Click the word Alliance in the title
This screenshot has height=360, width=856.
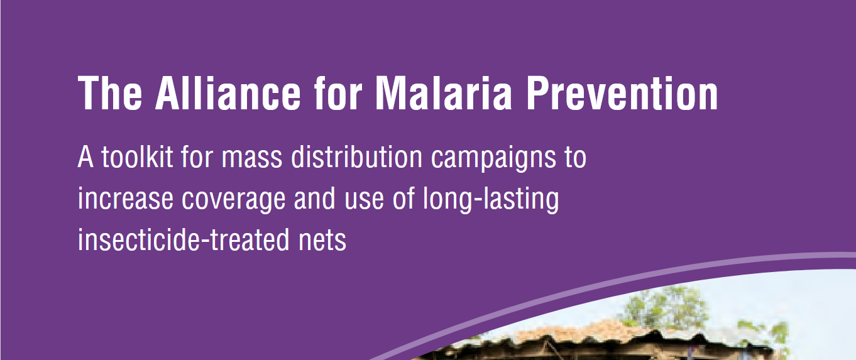pos(228,93)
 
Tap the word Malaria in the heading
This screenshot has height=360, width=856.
pos(443,93)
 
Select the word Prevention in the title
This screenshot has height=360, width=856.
pos(622,93)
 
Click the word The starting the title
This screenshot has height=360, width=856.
pos(110,93)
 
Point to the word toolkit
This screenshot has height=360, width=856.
pos(137,156)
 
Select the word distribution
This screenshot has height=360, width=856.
pos(356,156)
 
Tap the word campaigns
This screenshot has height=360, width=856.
pos(493,159)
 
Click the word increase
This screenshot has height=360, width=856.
pos(125,199)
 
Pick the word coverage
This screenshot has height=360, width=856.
pos(234,201)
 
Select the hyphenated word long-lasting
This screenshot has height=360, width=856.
pos(491,200)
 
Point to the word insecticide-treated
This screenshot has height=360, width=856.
pos(184,239)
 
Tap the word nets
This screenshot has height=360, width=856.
pos(322,241)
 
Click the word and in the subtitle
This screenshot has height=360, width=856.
pos(314,198)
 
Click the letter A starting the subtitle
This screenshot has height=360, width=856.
pos(85,156)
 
